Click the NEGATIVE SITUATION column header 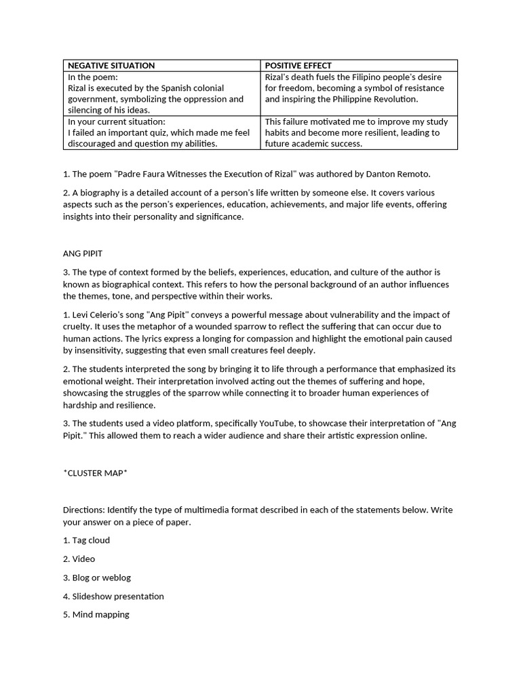(111, 66)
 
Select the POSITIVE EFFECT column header (298, 66)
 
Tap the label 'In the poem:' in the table (92, 77)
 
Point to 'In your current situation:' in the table (116, 121)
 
